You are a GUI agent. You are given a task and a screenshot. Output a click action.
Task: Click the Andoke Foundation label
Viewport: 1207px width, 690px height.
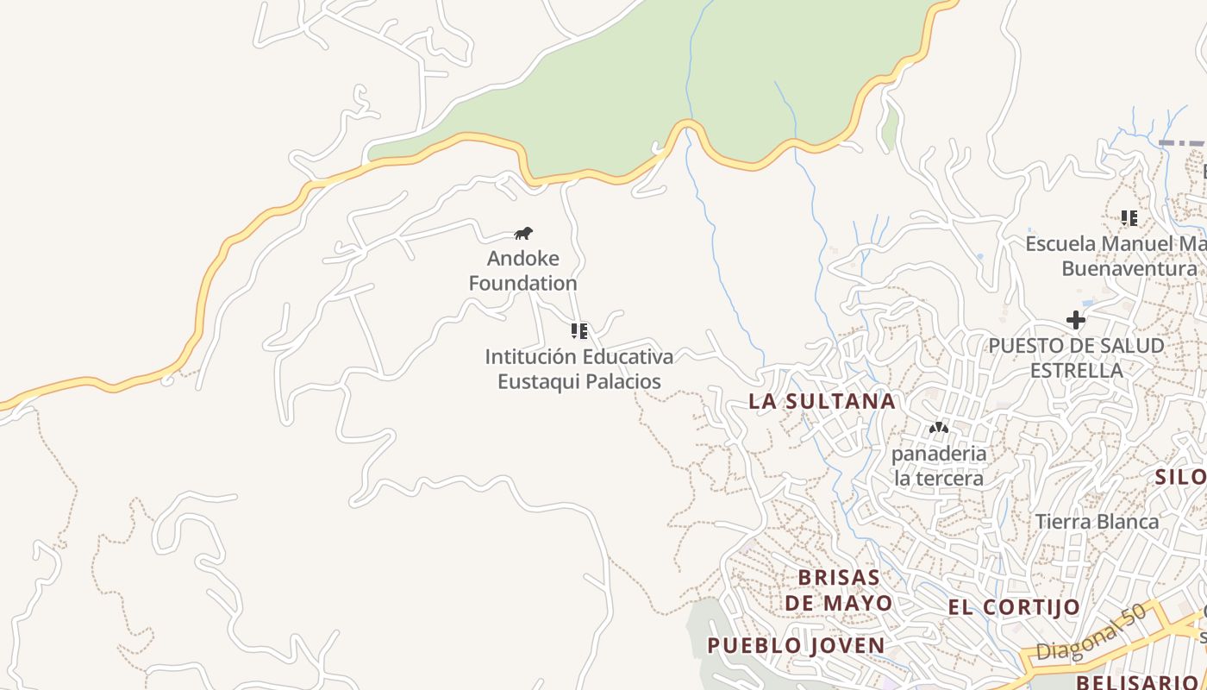523,270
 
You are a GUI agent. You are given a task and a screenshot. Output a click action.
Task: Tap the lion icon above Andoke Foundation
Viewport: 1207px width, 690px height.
523,233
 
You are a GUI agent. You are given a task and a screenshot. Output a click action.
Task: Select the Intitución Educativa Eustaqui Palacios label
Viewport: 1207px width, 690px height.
579,368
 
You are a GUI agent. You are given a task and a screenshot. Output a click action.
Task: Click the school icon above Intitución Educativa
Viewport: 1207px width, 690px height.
579,330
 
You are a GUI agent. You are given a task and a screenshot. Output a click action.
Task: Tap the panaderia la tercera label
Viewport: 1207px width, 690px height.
938,465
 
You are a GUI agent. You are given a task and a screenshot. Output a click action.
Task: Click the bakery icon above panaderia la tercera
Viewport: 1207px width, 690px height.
939,428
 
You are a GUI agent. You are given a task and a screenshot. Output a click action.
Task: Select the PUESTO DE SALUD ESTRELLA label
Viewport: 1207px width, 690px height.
1076,357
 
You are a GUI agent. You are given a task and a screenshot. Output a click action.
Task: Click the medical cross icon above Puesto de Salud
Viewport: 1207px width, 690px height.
1076,320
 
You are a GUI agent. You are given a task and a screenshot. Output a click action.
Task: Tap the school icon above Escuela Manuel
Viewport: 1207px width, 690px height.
1129,217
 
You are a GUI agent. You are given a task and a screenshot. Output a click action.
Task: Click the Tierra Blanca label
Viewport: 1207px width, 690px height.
1097,522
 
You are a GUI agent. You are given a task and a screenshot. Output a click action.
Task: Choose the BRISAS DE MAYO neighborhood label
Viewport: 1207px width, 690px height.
838,589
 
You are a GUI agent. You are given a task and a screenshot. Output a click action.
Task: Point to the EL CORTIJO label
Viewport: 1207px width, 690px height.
1014,607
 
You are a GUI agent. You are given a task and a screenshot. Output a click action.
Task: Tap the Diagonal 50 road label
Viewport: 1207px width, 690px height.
1091,633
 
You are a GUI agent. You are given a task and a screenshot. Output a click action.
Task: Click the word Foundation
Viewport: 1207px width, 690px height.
523,283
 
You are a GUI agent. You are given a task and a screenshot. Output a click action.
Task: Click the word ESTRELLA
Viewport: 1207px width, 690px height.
1076,370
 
